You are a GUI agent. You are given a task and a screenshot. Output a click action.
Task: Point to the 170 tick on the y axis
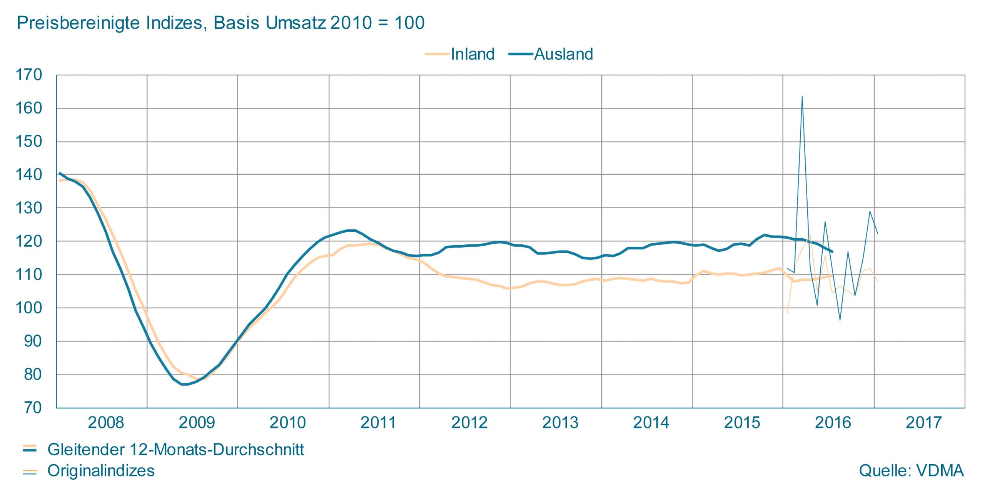pyautogui.click(x=28, y=75)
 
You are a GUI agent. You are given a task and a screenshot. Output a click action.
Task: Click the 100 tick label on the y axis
pyautogui.click(x=28, y=308)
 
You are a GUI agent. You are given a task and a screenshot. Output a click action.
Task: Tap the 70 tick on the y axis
pyautogui.click(x=33, y=408)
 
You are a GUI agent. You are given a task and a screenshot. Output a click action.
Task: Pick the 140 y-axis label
pyautogui.click(x=28, y=175)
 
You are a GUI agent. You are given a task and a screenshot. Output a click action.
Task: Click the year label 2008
pyautogui.click(x=106, y=423)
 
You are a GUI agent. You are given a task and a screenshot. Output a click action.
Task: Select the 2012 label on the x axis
pyautogui.click(x=469, y=423)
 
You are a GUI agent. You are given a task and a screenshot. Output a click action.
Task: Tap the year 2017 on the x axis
pyautogui.click(x=923, y=423)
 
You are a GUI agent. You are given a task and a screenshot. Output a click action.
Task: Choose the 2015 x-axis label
pyautogui.click(x=742, y=423)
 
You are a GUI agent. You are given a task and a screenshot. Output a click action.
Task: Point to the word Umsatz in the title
pyautogui.click(x=295, y=23)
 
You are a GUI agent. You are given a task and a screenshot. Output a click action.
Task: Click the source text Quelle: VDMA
pyautogui.click(x=911, y=471)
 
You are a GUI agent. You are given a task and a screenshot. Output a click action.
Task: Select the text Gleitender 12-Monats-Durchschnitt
pyautogui.click(x=175, y=450)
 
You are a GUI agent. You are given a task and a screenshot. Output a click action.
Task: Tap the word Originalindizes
pyautogui.click(x=101, y=471)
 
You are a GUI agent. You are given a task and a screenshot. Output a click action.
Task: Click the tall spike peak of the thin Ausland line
pyautogui.click(x=802, y=96)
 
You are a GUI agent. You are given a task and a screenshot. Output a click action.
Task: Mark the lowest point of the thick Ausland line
pyautogui.click(x=185, y=384)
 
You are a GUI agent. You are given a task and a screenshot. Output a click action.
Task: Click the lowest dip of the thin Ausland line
pyautogui.click(x=840, y=320)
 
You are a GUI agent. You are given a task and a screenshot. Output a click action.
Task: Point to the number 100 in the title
pyautogui.click(x=409, y=23)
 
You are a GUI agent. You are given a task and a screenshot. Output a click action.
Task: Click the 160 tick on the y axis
pyautogui.click(x=28, y=108)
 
